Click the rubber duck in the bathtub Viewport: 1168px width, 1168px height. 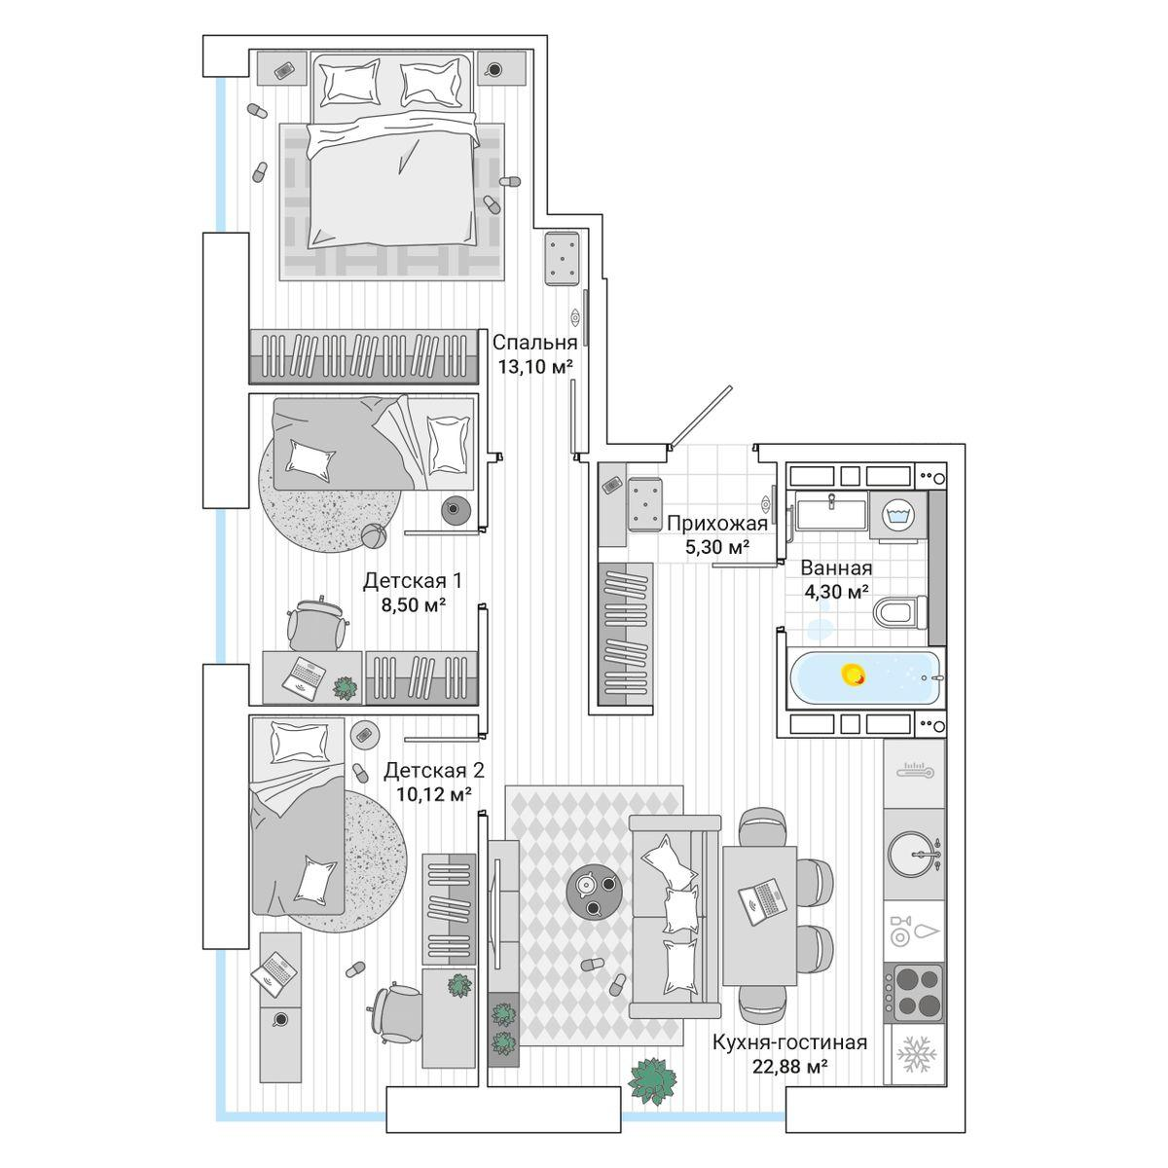click(854, 674)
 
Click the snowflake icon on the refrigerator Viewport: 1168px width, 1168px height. click(914, 1053)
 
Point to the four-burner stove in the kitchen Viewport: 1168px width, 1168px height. click(915, 992)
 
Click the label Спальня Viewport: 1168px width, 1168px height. click(534, 343)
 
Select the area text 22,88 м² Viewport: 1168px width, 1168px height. click(789, 1067)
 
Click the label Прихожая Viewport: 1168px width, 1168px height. click(717, 524)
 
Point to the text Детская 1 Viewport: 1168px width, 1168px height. click(412, 581)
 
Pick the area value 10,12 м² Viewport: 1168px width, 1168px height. click(433, 793)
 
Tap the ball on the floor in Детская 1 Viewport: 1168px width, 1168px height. click(373, 535)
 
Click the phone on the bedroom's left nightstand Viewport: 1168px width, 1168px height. click(283, 71)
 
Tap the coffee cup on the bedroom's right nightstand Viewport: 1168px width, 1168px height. click(494, 69)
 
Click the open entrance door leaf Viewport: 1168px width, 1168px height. click(702, 417)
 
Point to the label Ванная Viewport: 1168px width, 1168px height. click(835, 568)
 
